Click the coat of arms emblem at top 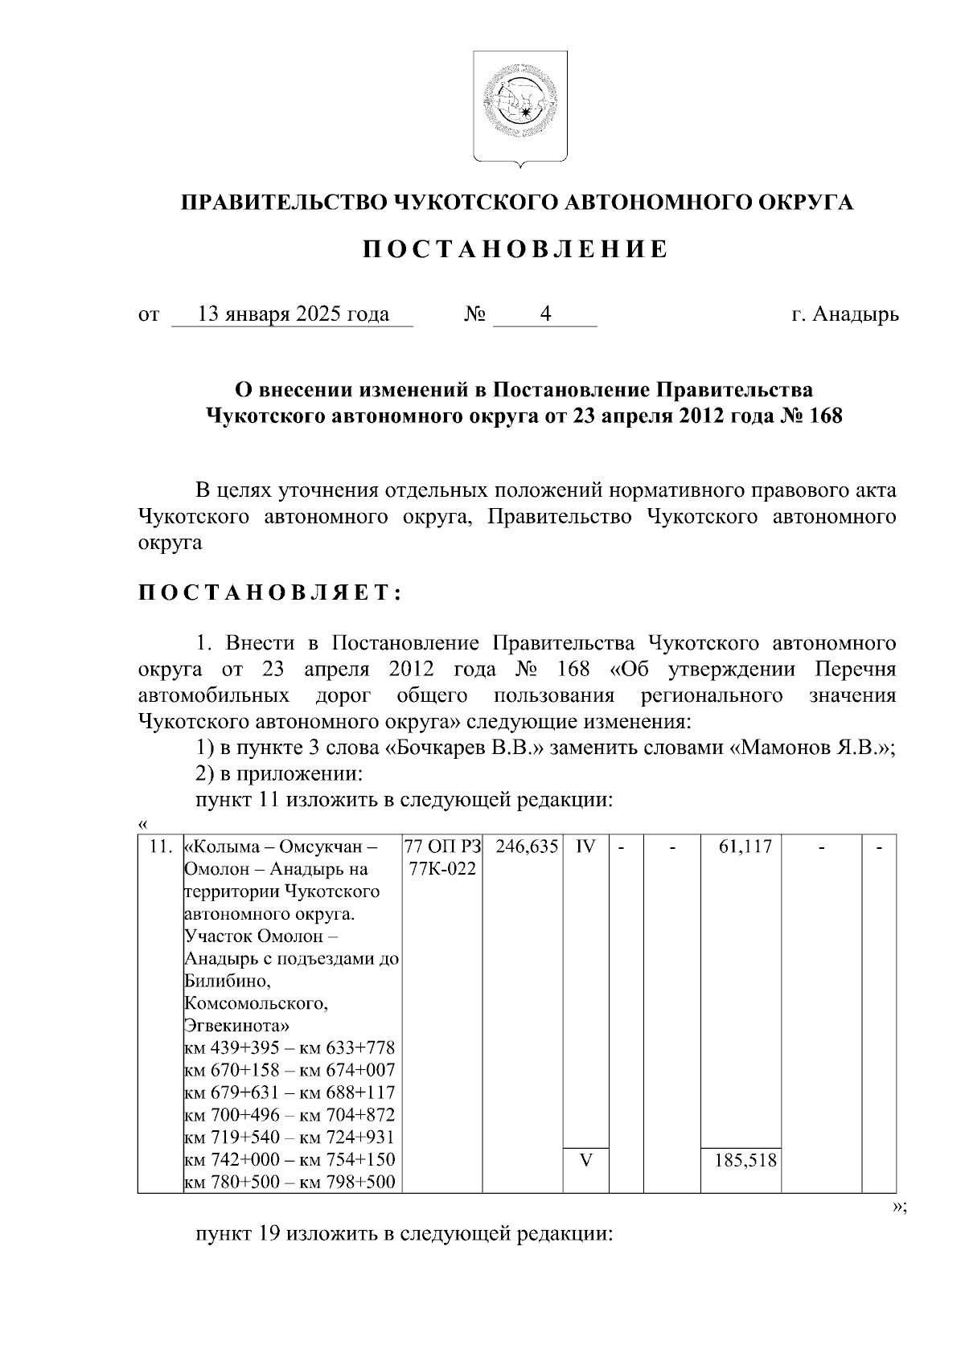tap(519, 108)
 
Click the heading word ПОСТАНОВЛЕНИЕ tap(515, 250)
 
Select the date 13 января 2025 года tap(293, 314)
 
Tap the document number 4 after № tap(545, 314)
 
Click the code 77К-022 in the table tap(442, 869)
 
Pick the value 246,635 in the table tap(527, 846)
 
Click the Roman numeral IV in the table tap(585, 846)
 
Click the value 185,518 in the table tap(745, 1160)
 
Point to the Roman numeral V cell tap(585, 1160)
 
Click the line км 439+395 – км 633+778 tap(289, 1048)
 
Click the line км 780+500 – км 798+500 tap(289, 1183)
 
